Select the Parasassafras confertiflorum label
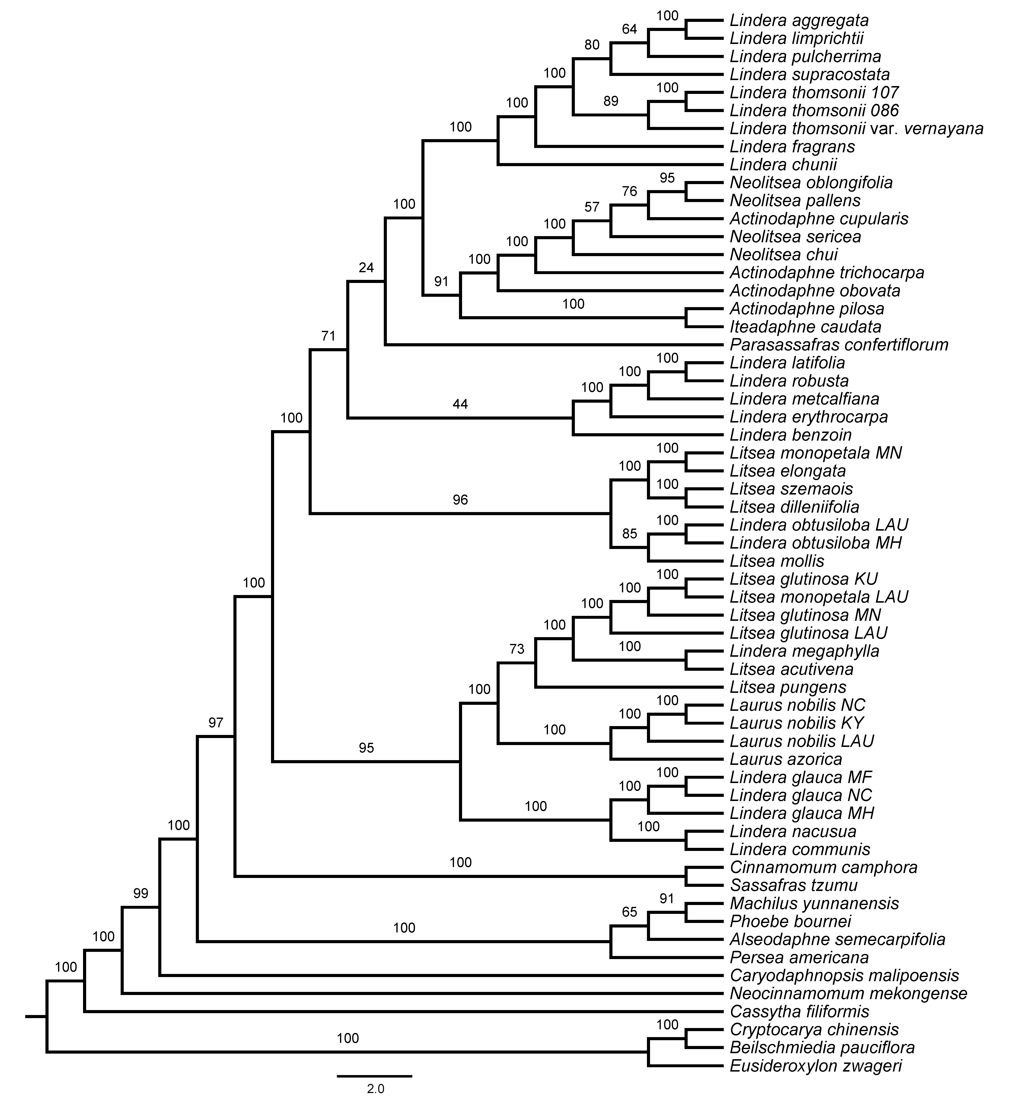(839, 345)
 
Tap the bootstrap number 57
(592, 207)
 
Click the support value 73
(517, 649)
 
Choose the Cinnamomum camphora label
(823, 867)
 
